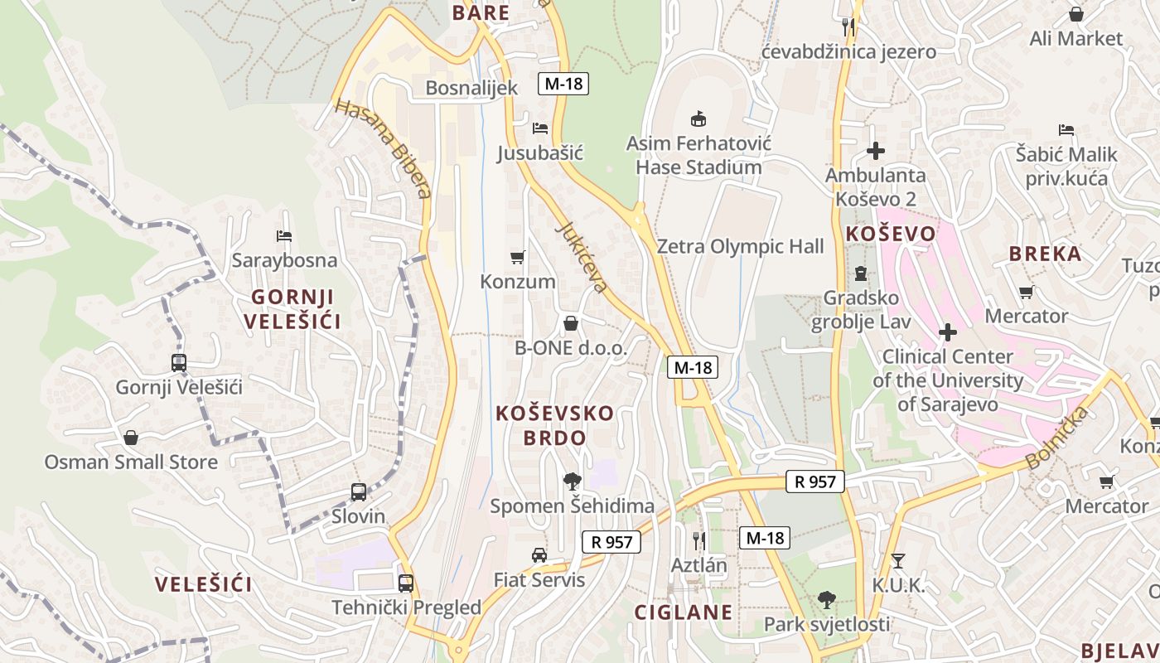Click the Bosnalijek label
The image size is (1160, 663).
pyautogui.click(x=471, y=88)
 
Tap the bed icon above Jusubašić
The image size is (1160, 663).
pyautogui.click(x=540, y=128)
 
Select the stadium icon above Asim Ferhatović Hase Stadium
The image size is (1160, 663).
pyautogui.click(x=698, y=119)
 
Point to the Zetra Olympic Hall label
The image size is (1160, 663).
pyautogui.click(x=740, y=246)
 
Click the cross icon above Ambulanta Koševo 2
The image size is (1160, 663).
pyautogui.click(x=875, y=151)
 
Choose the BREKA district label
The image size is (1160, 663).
pyautogui.click(x=1046, y=254)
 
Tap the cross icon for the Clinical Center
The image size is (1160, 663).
pyautogui.click(x=947, y=332)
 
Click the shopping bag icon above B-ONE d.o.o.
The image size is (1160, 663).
pyautogui.click(x=571, y=323)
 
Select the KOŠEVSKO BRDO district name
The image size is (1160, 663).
pyautogui.click(x=555, y=425)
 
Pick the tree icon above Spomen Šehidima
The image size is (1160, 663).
pyautogui.click(x=572, y=481)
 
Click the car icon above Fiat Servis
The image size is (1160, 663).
pyautogui.click(x=539, y=555)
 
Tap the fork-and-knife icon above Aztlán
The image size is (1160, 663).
pyautogui.click(x=698, y=541)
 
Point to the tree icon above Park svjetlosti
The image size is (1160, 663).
pyautogui.click(x=826, y=599)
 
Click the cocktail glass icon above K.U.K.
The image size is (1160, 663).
pyautogui.click(x=897, y=561)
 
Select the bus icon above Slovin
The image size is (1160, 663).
pyautogui.click(x=359, y=492)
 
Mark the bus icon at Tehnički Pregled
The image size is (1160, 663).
pyautogui.click(x=405, y=583)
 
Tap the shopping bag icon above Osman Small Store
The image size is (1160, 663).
pyautogui.click(x=131, y=438)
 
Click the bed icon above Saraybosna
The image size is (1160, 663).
pyautogui.click(x=284, y=236)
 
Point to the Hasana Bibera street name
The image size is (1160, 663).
pyautogui.click(x=383, y=149)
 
